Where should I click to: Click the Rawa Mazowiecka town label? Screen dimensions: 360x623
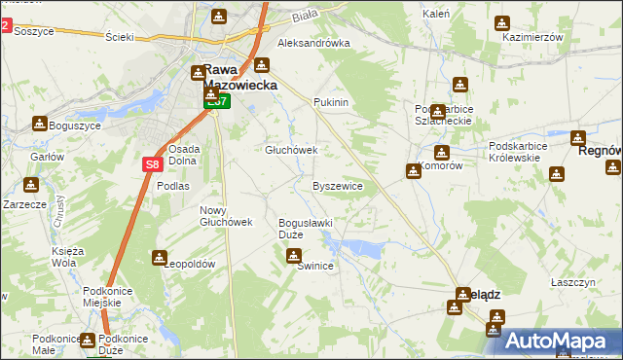(x=239, y=78)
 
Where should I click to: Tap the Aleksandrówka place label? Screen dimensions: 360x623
(x=313, y=44)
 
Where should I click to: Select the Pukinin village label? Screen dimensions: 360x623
(x=331, y=102)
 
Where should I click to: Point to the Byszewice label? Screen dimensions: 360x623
(x=338, y=185)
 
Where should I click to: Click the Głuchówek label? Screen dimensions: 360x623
(x=292, y=151)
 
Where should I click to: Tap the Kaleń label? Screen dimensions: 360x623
(x=435, y=15)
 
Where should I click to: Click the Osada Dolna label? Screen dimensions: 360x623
(x=184, y=155)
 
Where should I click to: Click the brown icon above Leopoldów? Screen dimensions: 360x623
(x=159, y=257)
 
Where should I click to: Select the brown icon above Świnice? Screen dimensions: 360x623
(x=293, y=256)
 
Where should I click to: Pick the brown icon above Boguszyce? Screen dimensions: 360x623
(x=39, y=124)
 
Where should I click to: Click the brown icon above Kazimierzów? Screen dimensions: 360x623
(x=502, y=22)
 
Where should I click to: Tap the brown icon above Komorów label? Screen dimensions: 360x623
(x=442, y=153)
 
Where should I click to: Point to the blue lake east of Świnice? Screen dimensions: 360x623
(x=362, y=249)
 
